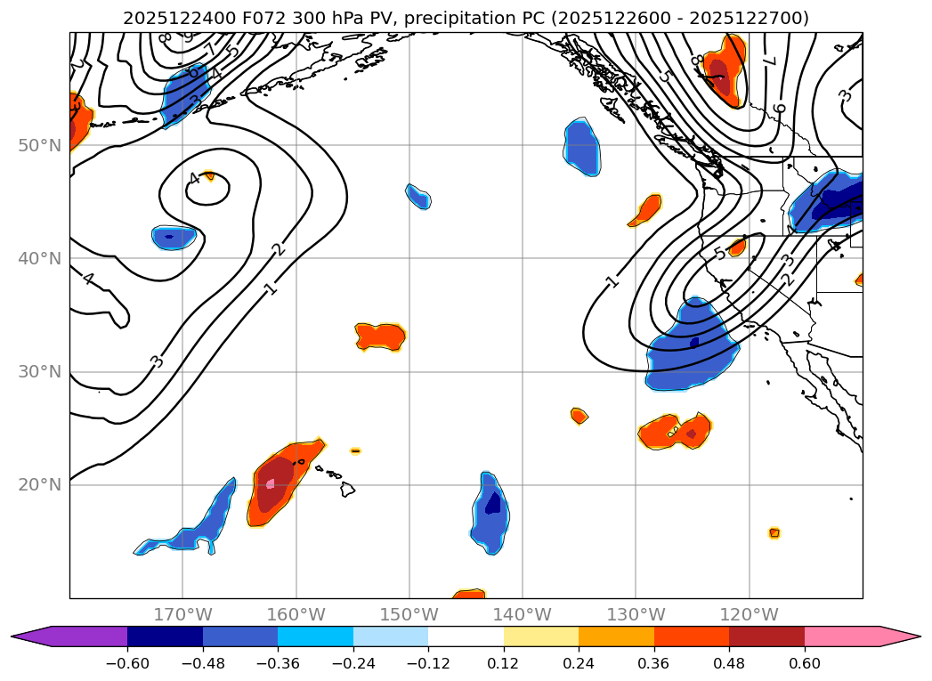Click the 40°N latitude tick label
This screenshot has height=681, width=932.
point(39,259)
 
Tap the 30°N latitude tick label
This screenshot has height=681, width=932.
point(39,372)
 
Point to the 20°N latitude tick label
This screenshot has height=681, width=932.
point(39,485)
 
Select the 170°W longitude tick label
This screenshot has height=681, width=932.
point(182,615)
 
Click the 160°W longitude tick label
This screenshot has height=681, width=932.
point(296,615)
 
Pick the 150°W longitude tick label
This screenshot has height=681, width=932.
point(409,615)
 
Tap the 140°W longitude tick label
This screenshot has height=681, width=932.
point(523,615)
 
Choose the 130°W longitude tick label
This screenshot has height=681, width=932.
point(636,615)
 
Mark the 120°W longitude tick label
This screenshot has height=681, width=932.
point(750,615)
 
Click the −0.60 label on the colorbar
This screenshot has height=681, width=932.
point(127,663)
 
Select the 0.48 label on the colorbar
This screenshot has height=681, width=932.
point(729,663)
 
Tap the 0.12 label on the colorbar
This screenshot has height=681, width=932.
point(504,663)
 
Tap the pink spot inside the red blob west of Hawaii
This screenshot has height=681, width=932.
point(271,483)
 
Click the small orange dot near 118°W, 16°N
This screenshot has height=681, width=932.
point(774,533)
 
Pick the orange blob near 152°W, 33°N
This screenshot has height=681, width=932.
point(380,336)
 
